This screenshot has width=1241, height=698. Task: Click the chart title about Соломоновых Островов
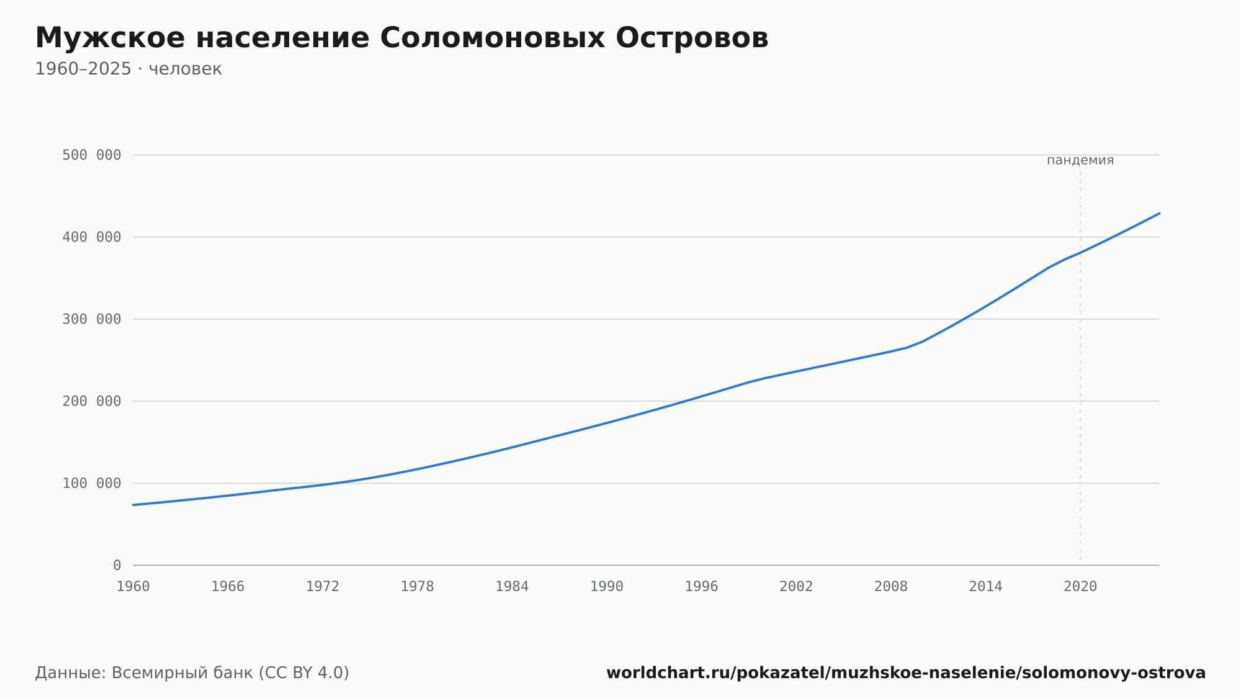[401, 38]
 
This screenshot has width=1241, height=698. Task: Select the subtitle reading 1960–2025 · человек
[128, 69]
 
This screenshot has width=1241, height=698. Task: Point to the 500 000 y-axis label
[92, 155]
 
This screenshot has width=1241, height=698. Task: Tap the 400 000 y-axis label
[92, 237]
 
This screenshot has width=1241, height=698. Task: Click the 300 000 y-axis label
[92, 319]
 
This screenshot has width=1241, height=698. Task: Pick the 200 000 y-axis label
[92, 401]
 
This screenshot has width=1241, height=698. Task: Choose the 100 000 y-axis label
[92, 483]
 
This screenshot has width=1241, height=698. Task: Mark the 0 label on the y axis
[117, 565]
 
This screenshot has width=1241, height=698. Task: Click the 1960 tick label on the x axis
[133, 587]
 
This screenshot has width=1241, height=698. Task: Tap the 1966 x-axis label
[228, 587]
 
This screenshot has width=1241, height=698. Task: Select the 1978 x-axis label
[418, 587]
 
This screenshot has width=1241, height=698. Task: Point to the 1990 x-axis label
[607, 587]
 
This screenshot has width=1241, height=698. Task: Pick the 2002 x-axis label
[796, 587]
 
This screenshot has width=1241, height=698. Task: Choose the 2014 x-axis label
[986, 587]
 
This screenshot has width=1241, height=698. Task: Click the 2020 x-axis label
[1080, 587]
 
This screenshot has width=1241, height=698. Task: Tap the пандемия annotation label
[1080, 160]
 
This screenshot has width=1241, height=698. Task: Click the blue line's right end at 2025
[1159, 213]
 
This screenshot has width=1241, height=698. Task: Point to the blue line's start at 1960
[133, 505]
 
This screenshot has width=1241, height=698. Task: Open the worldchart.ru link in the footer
[906, 673]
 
